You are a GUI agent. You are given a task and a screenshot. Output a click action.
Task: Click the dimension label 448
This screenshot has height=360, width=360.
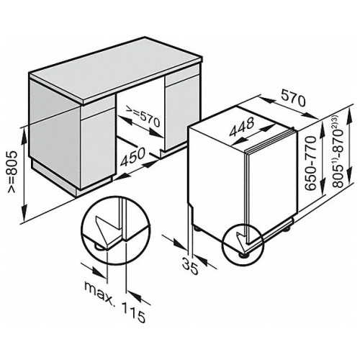[242, 127]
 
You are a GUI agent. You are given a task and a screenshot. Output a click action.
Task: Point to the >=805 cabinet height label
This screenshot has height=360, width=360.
[12, 171]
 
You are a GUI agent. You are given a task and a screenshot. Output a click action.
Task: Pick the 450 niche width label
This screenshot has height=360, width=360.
[132, 157]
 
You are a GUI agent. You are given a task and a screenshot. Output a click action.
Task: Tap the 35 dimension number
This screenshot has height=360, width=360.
[190, 266]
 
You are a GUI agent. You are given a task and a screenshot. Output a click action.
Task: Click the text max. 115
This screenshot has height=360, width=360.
[115, 302]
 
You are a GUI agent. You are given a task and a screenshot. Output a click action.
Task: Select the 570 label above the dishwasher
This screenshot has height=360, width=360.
[293, 98]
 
